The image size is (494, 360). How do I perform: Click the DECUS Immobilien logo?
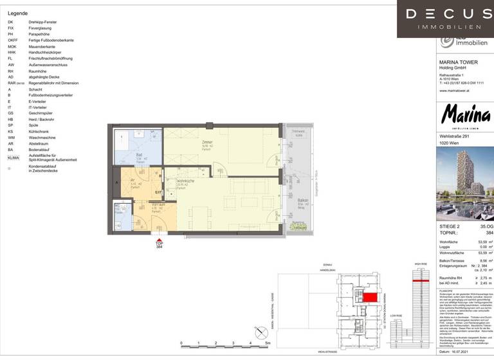tap(445, 18)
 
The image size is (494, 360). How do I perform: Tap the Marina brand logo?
tap(465, 116)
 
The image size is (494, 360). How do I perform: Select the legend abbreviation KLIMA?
tap(13, 157)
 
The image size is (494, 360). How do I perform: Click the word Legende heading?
tap(18, 13)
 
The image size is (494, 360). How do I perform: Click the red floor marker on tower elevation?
tap(421, 281)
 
